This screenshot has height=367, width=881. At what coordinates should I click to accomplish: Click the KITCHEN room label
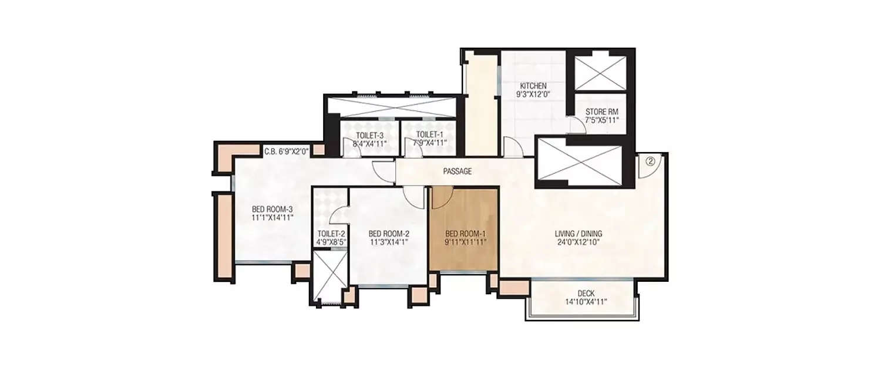[533, 86]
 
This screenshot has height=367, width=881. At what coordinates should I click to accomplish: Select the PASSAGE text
[457, 172]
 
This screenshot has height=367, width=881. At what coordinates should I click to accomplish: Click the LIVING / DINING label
[578, 234]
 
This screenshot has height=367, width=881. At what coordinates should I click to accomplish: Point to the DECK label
[581, 294]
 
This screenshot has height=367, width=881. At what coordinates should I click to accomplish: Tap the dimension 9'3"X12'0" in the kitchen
[533, 94]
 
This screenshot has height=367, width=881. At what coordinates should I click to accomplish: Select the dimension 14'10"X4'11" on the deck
[581, 302]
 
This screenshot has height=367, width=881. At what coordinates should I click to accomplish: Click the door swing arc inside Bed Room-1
[442, 198]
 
